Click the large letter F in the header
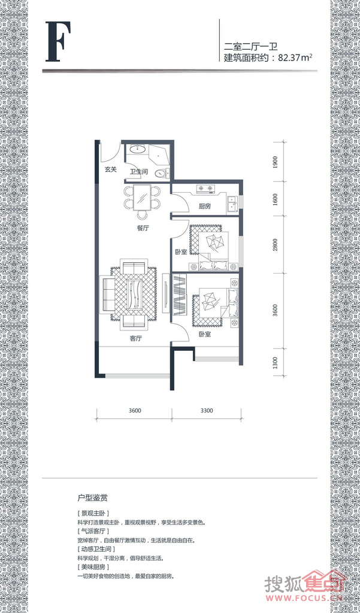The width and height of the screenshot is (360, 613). click(x=58, y=42)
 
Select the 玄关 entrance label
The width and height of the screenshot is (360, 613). click(x=111, y=169)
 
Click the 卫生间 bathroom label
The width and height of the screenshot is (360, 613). click(x=138, y=171)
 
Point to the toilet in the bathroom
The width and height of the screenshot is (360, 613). click(x=162, y=173)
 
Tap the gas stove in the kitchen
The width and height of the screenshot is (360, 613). click(x=206, y=189)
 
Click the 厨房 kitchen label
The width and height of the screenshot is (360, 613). click(x=204, y=206)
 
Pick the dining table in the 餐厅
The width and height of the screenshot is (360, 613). click(x=142, y=198)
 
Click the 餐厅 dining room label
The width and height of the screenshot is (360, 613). click(x=143, y=228)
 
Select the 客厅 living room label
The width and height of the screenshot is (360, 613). click(x=135, y=339)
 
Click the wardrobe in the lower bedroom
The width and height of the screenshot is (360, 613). click(x=180, y=295)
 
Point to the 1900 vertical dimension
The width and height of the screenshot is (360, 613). click(x=276, y=161)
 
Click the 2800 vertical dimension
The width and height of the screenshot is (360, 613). click(x=276, y=245)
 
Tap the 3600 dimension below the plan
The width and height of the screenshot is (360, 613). click(x=134, y=411)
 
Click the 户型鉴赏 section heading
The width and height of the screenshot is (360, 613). click(x=93, y=498)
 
